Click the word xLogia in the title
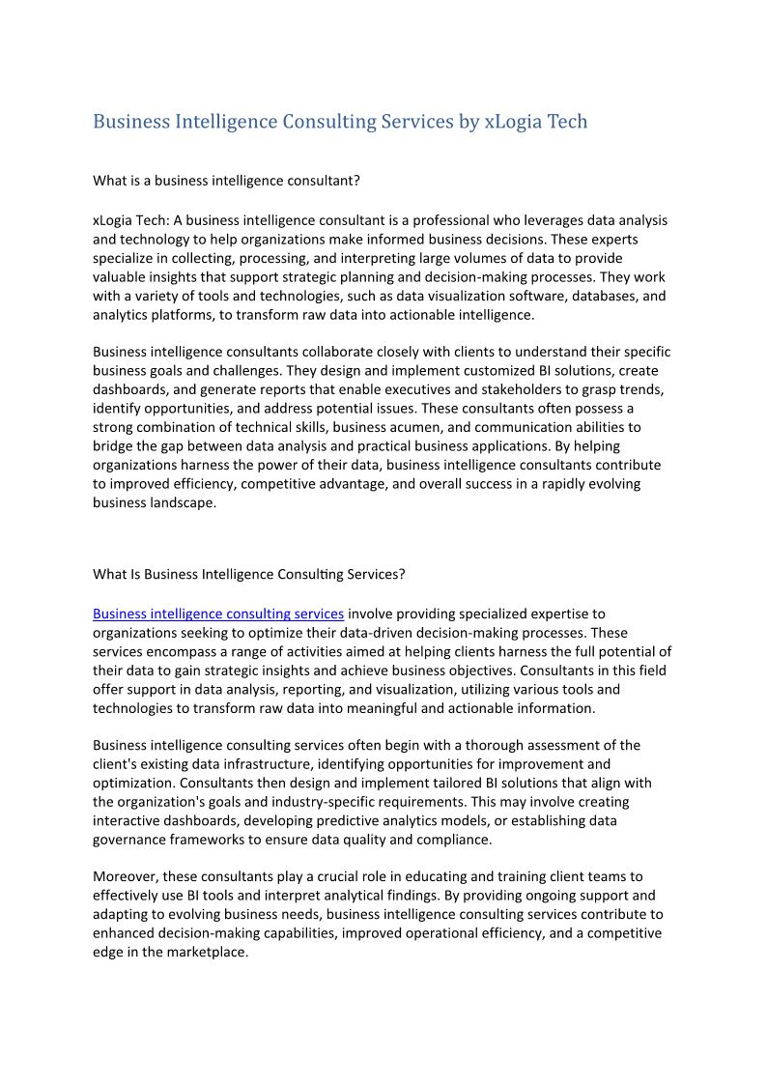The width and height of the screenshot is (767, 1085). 513,122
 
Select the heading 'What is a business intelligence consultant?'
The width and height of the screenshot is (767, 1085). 226,181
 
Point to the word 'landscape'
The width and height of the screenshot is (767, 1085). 182,502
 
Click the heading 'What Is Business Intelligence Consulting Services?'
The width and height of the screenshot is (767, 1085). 248,574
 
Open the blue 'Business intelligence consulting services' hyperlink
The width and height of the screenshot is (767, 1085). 218,614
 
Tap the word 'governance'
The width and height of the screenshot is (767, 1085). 134,840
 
